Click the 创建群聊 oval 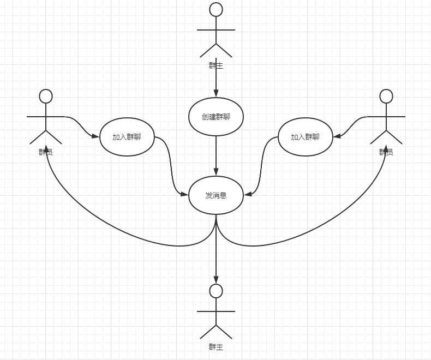coord(216,117)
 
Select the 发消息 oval coord(216,195)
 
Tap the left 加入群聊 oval coord(127,137)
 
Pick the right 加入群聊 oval coord(305,137)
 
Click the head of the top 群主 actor coord(216,9)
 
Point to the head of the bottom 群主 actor coord(216,291)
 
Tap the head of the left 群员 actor coord(46,97)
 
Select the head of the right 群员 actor coord(386,97)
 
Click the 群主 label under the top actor coord(216,65)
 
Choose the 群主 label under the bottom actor coord(216,347)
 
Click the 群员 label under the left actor coord(46,152)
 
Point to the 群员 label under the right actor coord(386,152)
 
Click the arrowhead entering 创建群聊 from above coord(216,94)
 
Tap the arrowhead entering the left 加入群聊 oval coord(96,137)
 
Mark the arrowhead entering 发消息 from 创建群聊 coord(216,172)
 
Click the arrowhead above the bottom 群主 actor coord(216,280)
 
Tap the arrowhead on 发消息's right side coord(248,194)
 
